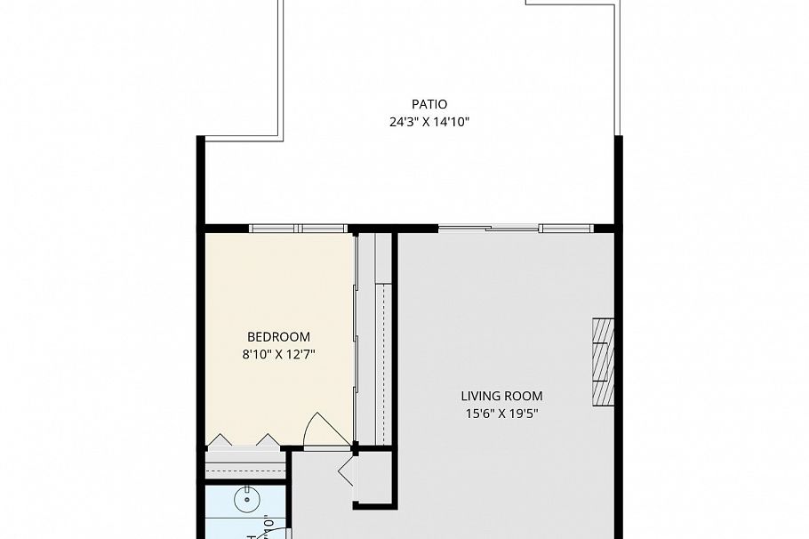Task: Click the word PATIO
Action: (x=429, y=104)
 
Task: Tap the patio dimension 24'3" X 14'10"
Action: (x=429, y=122)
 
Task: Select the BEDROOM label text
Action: (x=278, y=337)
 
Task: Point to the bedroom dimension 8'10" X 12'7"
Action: (x=278, y=354)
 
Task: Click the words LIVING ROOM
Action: (x=501, y=396)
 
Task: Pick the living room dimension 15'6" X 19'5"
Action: (x=501, y=413)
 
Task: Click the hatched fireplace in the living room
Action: (x=604, y=360)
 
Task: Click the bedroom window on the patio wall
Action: (x=297, y=229)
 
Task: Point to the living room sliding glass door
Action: (x=516, y=229)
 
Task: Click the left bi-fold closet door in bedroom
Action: (x=220, y=439)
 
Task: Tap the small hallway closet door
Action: (x=346, y=471)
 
